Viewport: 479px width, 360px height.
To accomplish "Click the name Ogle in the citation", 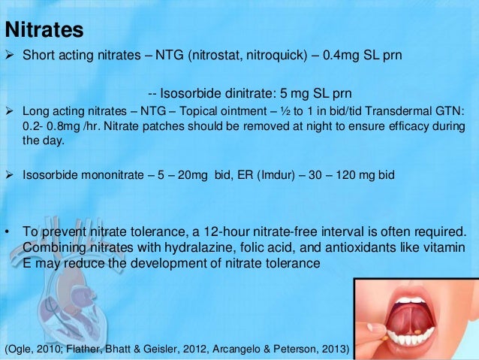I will coord(21,349).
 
